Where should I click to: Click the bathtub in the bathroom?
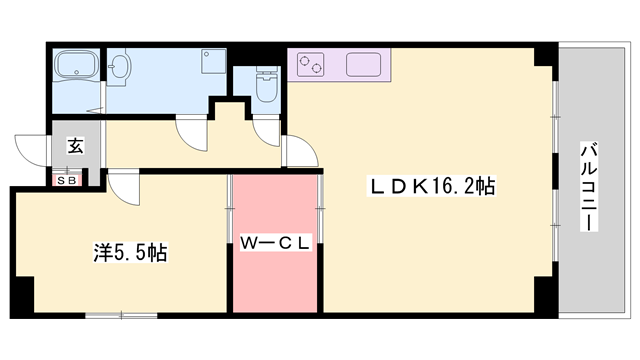[76, 66]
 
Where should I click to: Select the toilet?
[266, 85]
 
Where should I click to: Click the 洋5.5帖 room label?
[130, 252]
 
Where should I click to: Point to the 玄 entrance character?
[76, 145]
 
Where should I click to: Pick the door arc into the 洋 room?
[123, 185]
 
